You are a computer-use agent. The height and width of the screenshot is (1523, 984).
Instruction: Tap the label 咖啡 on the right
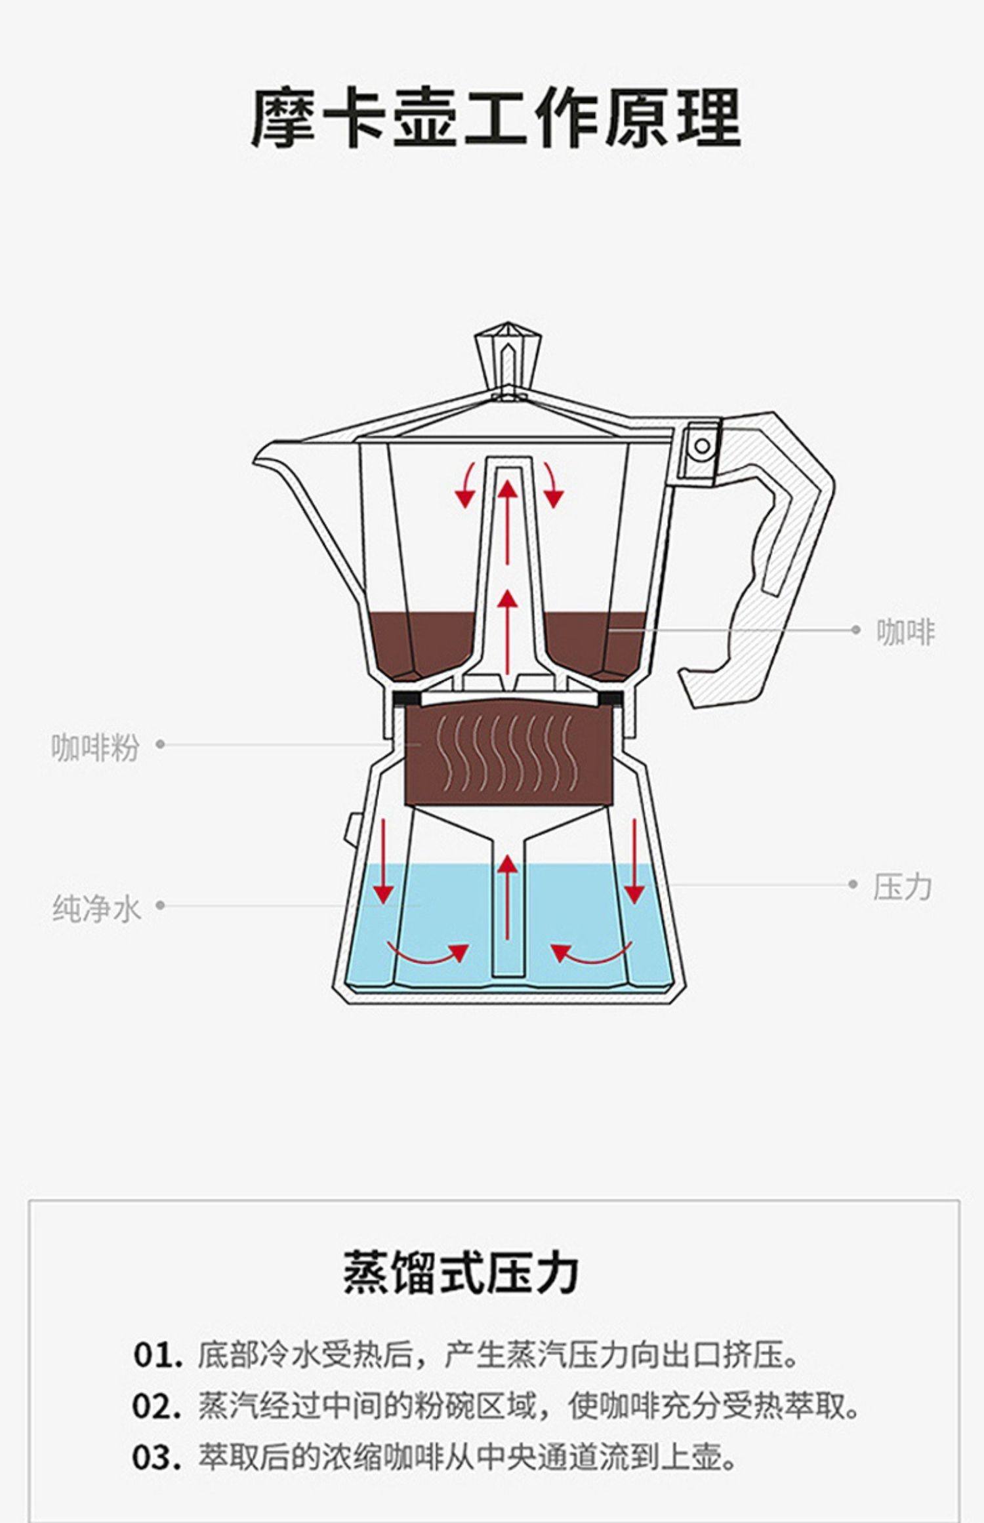pos(905,632)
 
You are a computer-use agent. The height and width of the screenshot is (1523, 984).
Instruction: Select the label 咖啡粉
pos(95,747)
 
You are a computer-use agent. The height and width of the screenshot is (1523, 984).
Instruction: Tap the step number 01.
pos(157,1355)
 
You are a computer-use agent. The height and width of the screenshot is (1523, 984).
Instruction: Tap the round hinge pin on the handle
pos(702,446)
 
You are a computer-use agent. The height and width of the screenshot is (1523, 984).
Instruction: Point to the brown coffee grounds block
pos(508,754)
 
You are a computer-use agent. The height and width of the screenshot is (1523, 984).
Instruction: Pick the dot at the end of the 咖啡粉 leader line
pos(160,744)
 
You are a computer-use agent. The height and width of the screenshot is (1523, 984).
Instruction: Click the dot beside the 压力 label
pos(853,884)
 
